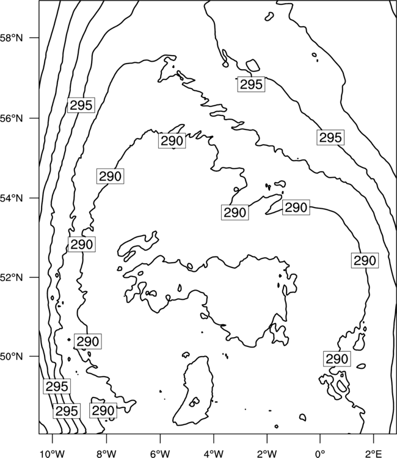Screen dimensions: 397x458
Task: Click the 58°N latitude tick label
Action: pos(11,38)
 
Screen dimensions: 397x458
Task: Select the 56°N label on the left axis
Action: pos(11,118)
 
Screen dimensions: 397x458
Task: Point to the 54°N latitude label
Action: pos(11,198)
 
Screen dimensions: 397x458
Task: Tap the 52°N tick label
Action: pos(11,277)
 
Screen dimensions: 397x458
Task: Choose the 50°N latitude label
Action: pos(11,357)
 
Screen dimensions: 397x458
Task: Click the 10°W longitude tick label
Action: pos(53,454)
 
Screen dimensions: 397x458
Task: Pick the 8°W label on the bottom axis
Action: pos(106,454)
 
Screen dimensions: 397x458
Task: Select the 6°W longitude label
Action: pos(160,454)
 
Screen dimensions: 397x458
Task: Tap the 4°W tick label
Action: pos(214,454)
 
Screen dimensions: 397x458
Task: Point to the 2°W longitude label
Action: pos(267,454)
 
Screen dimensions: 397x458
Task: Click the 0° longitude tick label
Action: pos(321,454)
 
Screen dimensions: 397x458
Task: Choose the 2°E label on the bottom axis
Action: pos(374,454)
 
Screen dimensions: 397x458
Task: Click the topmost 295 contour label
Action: pos(251,84)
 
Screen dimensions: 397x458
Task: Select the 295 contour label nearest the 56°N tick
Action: pos(81,105)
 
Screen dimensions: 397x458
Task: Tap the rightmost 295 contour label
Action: pos(330,137)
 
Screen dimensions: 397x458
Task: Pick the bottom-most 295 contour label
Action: pos(67,411)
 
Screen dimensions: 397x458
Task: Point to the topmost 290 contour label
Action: pos(172,140)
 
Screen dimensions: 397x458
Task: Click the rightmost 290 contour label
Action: pos(365,260)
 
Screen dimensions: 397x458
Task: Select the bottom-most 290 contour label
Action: pos(103,411)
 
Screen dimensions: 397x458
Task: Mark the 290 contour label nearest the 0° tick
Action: pos(337,358)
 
